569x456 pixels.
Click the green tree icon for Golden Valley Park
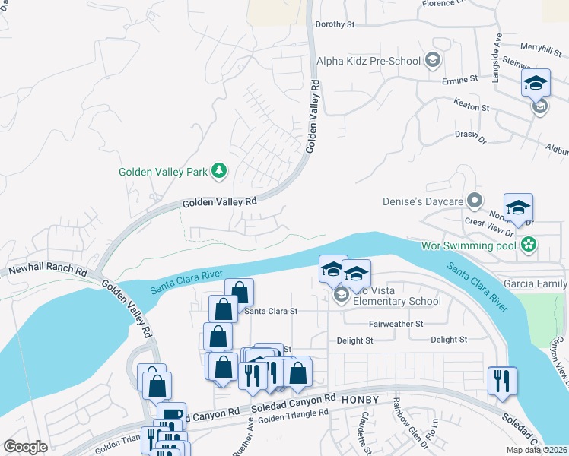coord(219,170)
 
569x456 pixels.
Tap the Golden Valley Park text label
coord(163,173)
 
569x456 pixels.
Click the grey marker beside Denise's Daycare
coord(475,201)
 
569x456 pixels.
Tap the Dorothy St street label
coord(335,24)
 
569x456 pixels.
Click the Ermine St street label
coord(459,78)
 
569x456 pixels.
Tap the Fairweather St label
coord(395,324)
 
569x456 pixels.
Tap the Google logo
coord(24,447)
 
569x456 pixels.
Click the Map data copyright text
coord(536,450)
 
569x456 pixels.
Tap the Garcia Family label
coord(539,283)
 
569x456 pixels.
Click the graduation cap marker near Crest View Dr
coord(518,207)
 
